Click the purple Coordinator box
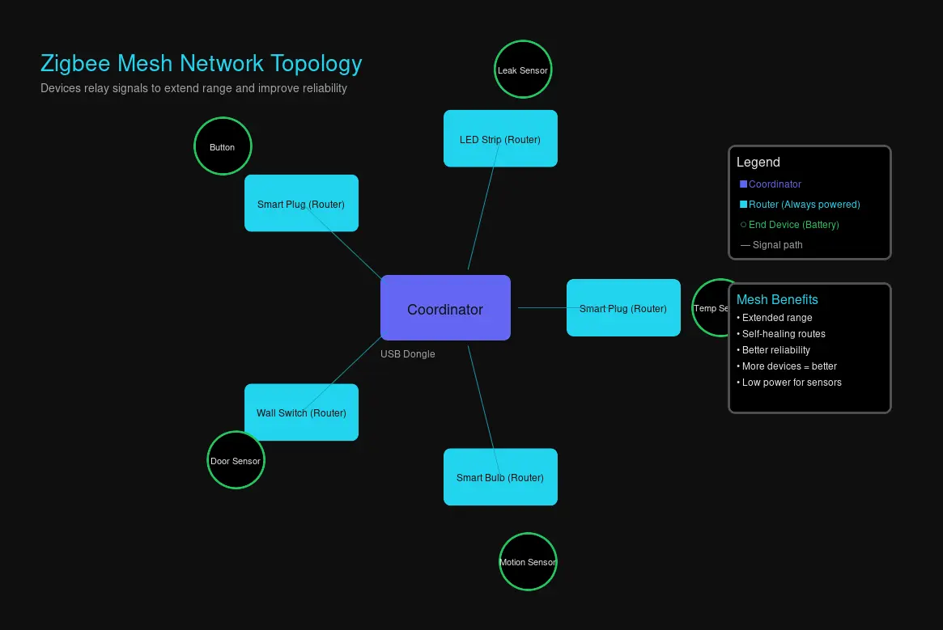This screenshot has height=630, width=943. [445, 308]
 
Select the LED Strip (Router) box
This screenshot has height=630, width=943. [500, 138]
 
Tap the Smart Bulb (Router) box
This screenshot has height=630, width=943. [500, 477]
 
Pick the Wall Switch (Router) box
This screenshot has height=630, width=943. [301, 412]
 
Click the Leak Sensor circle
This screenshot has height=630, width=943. [523, 70]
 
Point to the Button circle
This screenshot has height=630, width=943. [223, 146]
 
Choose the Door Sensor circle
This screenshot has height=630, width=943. [236, 460]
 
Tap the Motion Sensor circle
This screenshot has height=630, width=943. [528, 562]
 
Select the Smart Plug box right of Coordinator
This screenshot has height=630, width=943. [623, 308]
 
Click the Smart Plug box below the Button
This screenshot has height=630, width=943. [301, 203]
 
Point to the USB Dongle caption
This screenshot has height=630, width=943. [408, 354]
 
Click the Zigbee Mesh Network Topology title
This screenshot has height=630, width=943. [202, 63]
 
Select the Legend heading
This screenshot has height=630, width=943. [758, 163]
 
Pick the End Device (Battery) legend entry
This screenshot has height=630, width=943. [790, 225]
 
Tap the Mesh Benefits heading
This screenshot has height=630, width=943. [777, 299]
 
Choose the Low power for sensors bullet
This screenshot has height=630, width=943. [790, 383]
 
